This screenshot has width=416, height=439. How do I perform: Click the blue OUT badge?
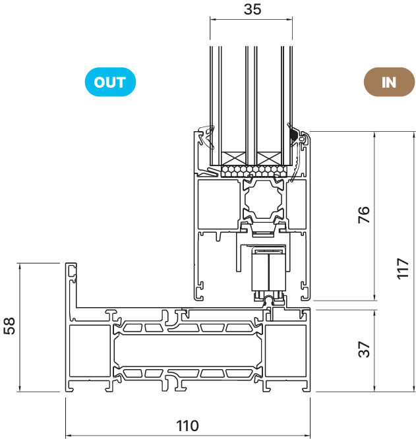pyautogui.click(x=110, y=82)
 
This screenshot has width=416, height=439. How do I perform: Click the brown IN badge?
pyautogui.click(x=389, y=82)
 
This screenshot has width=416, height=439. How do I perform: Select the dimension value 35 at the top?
pyautogui.click(x=253, y=9)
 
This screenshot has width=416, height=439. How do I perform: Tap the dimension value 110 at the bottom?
pyautogui.click(x=188, y=426)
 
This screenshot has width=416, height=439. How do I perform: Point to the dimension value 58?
pyautogui.click(x=9, y=326)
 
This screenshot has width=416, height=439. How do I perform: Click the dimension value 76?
pyautogui.click(x=364, y=215)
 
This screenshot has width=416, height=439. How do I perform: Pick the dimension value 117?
pyautogui.click(x=403, y=268)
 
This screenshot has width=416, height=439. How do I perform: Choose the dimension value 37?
pyautogui.click(x=364, y=349)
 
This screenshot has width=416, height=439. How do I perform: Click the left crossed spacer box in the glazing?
pyautogui.click(x=233, y=159)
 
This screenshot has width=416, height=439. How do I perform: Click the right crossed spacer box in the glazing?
pyautogui.click(x=269, y=159)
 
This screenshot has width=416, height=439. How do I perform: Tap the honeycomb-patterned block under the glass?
pyautogui.click(x=254, y=171)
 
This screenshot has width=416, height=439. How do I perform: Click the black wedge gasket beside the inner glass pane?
pyautogui.click(x=293, y=135)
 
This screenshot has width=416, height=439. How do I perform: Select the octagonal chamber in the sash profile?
pyautogui.click(x=263, y=200)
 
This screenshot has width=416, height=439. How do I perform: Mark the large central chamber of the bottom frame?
pyautogui.click(x=188, y=350)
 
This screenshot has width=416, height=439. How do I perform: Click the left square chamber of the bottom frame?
pyautogui.click(x=90, y=351)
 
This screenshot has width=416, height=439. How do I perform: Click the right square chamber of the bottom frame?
pyautogui.click(x=285, y=351)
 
